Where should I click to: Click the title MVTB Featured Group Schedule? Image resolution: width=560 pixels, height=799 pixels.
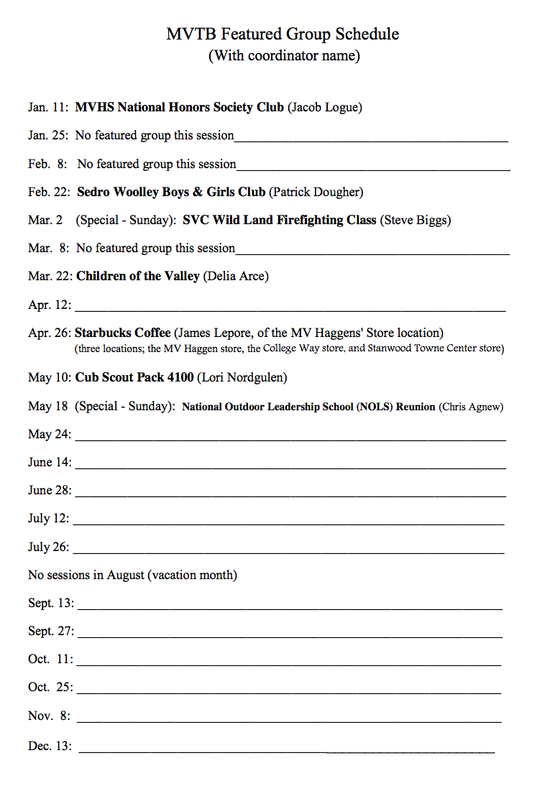283,34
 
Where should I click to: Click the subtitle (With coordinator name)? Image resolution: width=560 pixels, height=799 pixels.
284,55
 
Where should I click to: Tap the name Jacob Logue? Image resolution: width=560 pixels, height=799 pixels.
325,108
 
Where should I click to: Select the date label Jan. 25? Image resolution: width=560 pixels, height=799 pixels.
48,135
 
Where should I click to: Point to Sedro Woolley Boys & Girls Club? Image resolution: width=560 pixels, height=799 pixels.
171,192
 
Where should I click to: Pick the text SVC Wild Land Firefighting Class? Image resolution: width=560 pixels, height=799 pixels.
280,220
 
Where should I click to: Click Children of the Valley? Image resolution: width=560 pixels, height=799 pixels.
138,276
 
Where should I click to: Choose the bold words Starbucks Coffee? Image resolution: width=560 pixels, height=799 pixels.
123,333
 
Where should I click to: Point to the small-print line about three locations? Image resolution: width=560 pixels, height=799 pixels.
289,348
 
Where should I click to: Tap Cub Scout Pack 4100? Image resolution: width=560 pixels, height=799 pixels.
134,377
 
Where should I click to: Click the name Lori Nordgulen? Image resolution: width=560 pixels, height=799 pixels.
242,377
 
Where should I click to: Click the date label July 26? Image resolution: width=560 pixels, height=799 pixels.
49,547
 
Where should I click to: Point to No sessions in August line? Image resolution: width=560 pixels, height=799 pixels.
133,575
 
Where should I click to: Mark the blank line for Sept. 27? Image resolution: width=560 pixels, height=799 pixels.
290,636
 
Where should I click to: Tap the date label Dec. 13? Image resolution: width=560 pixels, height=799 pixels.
50,746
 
